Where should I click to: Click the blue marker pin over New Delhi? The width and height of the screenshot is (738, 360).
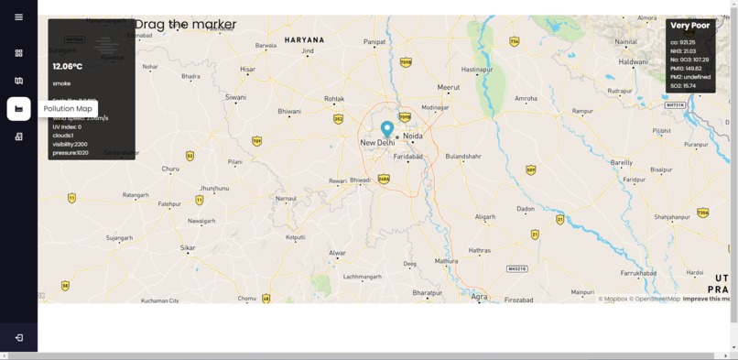pyautogui.click(x=387, y=128)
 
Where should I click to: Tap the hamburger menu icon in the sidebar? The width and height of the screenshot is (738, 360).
pyautogui.click(x=18, y=17)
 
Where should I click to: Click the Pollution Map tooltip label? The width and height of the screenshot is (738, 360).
pyautogui.click(x=68, y=109)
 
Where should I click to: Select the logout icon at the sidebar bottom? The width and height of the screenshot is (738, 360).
pyautogui.click(x=18, y=337)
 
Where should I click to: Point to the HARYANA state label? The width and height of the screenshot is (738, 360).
pyautogui.click(x=304, y=40)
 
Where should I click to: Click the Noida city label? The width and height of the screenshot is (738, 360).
pyautogui.click(x=413, y=136)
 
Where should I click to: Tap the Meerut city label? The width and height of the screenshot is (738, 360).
pyautogui.click(x=449, y=87)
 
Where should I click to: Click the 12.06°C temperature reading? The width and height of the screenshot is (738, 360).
pyautogui.click(x=68, y=66)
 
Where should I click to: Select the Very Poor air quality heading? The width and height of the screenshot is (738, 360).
pyautogui.click(x=689, y=26)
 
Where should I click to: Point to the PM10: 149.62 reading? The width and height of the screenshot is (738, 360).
pyautogui.click(x=686, y=69)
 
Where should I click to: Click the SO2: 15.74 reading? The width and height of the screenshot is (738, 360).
pyautogui.click(x=683, y=86)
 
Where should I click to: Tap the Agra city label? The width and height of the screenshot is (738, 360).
pyautogui.click(x=480, y=297)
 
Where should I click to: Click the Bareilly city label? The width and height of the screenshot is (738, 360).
pyautogui.click(x=622, y=162)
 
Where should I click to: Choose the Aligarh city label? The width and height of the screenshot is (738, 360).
pyautogui.click(x=485, y=216)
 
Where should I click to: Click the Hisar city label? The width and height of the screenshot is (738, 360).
pyautogui.click(x=247, y=70)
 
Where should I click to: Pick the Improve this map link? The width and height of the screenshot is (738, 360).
pyautogui.click(x=706, y=299)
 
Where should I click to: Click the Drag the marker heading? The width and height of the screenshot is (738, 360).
pyautogui.click(x=186, y=25)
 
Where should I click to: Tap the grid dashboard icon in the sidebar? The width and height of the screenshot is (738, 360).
pyautogui.click(x=18, y=53)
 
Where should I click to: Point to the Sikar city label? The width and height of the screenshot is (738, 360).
pyautogui.click(x=188, y=247)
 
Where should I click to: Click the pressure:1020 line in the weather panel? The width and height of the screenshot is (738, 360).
pyautogui.click(x=71, y=153)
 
